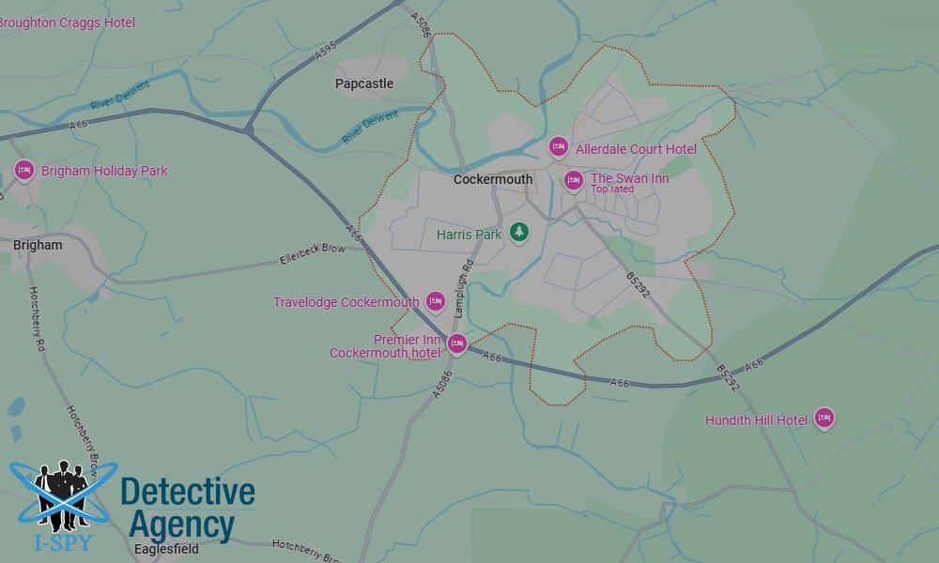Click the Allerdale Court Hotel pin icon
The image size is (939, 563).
559,147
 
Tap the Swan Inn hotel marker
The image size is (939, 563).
573,180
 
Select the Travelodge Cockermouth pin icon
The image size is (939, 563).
435,301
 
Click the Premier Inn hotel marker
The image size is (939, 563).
457,344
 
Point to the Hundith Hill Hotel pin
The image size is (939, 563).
824,418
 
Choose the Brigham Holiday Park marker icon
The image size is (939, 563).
24,171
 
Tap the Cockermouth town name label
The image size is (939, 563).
492,179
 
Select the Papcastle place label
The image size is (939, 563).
364,84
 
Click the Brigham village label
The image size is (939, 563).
38,245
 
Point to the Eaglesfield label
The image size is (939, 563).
166,549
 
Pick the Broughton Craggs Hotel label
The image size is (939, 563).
68,23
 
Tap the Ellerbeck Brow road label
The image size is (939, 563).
313,254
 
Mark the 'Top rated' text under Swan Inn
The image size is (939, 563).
612,190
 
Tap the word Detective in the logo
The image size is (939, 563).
188,492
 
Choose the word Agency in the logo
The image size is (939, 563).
181,525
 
